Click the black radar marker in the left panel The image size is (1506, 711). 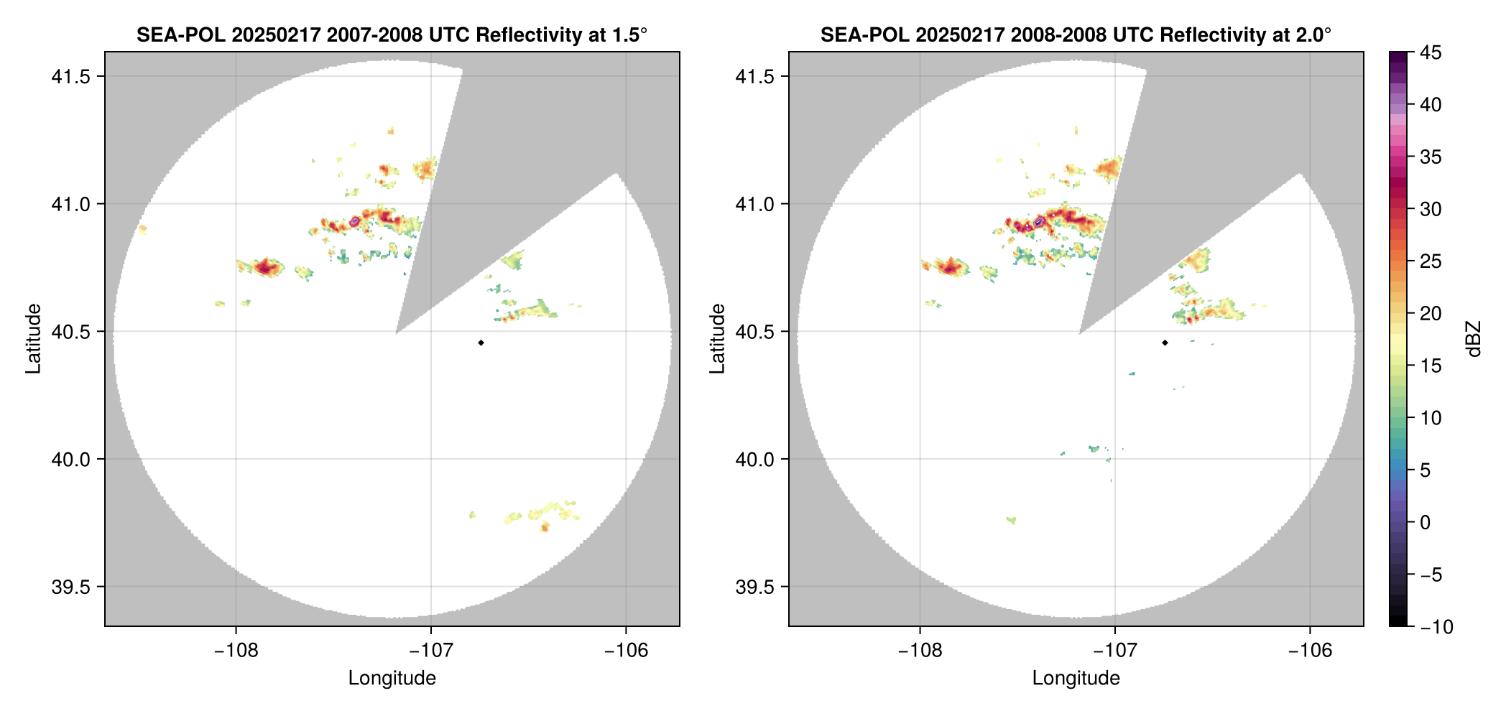pos(481,343)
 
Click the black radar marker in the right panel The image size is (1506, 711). pos(1165,343)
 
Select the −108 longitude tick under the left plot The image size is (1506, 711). pos(236,651)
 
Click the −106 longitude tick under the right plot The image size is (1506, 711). pos(1310,651)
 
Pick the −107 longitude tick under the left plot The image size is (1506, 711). pos(430,651)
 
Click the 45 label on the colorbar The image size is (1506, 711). pos(1430,52)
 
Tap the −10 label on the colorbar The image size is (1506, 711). pos(1436,627)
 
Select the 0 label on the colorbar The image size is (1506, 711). pos(1426,523)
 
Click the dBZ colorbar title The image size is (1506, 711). pos(1474,339)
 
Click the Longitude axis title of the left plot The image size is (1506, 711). pos(392,678)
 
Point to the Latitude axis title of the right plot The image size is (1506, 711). pos(717,339)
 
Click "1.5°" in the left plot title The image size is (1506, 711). pos(630,34)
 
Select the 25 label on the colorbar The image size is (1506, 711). pos(1430,261)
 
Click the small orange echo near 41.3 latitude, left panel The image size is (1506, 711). pos(391,131)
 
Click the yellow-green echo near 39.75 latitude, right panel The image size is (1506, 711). pos(1012,520)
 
